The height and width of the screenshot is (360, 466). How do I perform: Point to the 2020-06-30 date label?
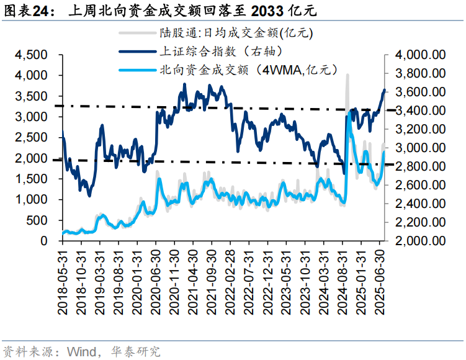tap(158, 277)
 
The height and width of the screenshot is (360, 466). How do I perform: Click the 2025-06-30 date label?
tap(383, 277)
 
